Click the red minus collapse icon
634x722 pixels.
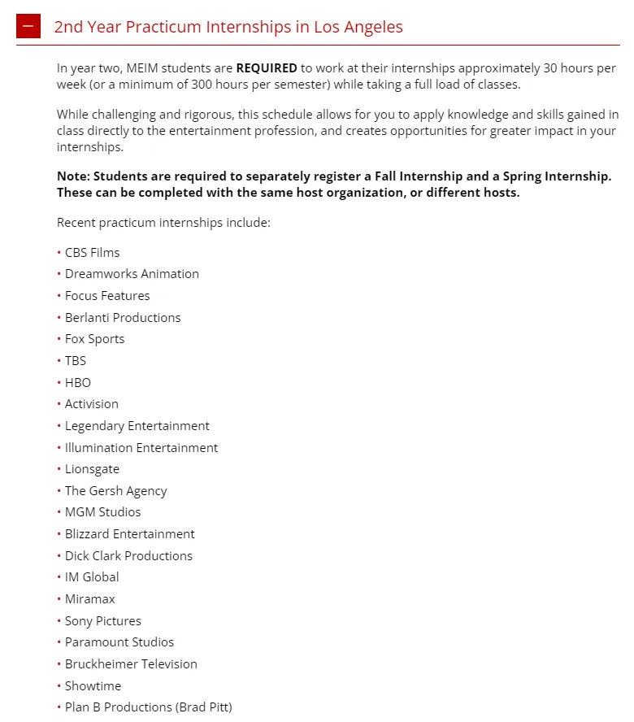click(x=28, y=26)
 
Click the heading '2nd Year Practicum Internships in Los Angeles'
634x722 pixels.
click(x=228, y=27)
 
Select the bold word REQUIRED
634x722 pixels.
click(x=267, y=68)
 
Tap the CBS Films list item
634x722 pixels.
click(x=92, y=252)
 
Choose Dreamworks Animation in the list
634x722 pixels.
click(x=132, y=274)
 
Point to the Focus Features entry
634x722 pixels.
click(x=107, y=296)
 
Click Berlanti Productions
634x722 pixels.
click(x=123, y=317)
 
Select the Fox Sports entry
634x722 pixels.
click(x=94, y=339)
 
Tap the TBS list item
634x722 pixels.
click(x=76, y=360)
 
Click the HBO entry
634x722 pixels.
click(x=78, y=382)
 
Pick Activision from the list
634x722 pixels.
click(x=92, y=404)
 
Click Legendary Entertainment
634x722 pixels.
click(x=137, y=426)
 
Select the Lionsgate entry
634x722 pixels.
click(x=92, y=469)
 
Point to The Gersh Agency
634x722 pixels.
click(x=115, y=491)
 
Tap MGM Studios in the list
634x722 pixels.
click(x=102, y=512)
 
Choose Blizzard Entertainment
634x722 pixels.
click(x=130, y=534)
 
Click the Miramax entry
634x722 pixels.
click(x=90, y=599)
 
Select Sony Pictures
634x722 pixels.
click(x=103, y=621)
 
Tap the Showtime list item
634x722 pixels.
click(x=93, y=686)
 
